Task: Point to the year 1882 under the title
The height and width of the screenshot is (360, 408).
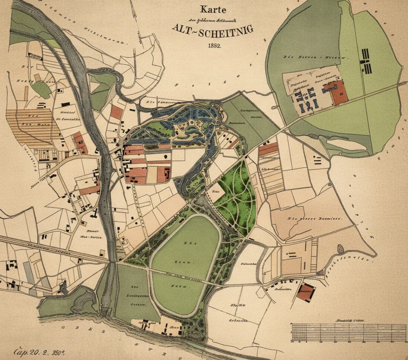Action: tap(214, 45)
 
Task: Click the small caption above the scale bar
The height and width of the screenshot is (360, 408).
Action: tap(351, 320)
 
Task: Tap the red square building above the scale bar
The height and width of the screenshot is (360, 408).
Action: tap(306, 293)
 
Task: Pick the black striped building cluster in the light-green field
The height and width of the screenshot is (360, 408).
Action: tap(366, 62)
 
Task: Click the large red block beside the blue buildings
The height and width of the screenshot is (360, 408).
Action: tap(338, 92)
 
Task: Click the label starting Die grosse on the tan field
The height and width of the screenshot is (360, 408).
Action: tap(314, 219)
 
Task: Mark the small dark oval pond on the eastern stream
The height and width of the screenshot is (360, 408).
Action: tap(341, 249)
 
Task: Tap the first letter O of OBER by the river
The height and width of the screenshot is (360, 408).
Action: tap(62, 328)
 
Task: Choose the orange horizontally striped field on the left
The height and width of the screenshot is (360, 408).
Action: tap(30, 127)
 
